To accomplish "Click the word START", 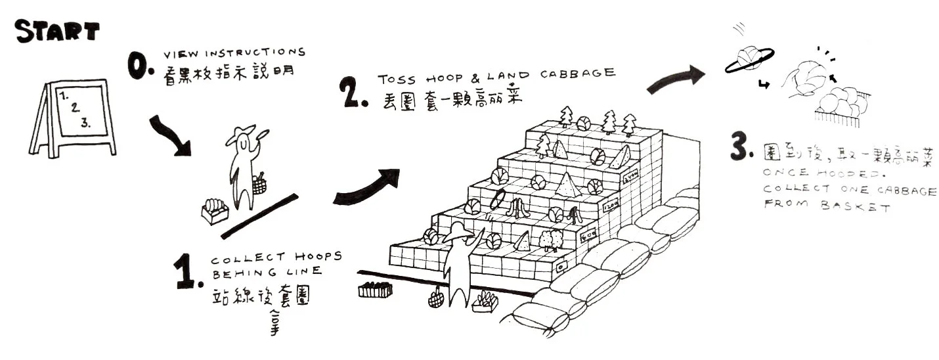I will tap(57, 31).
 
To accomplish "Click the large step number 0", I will tap(141, 67).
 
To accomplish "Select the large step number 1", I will tap(186, 271).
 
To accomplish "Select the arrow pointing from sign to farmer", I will tap(171, 137).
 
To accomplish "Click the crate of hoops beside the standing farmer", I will tap(215, 210).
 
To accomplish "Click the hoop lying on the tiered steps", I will tap(498, 198).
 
